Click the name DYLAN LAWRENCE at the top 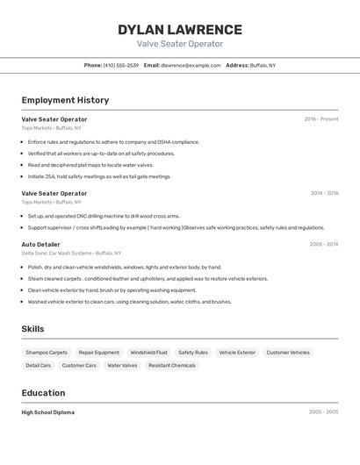(180, 30)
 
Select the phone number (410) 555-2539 (120, 65)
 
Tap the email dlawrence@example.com (191, 65)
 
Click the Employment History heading (65, 100)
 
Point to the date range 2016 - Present (320, 118)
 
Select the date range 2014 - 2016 (324, 193)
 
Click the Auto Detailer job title (41, 244)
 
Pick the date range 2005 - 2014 (324, 244)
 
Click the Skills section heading (33, 329)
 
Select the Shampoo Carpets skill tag (47, 352)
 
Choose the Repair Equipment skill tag (99, 352)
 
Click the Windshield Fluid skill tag (148, 352)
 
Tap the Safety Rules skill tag (193, 352)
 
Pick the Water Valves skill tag (122, 365)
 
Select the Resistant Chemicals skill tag (172, 365)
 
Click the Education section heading (43, 393)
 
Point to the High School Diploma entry (48, 411)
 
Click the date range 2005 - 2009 (324, 411)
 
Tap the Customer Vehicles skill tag (288, 352)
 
